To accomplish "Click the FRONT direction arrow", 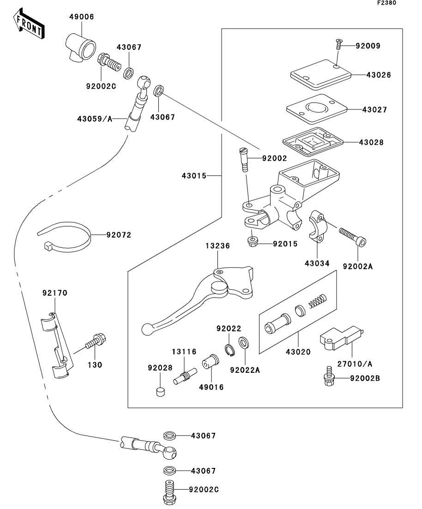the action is (28, 24).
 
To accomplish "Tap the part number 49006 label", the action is (82, 17).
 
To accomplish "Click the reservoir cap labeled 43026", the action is (320, 75).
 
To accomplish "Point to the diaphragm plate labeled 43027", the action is (317, 109).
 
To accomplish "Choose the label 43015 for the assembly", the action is (194, 176).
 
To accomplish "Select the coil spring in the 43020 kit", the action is (317, 300).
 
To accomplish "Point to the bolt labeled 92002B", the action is (328, 376).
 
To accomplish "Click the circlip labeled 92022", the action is (229, 350).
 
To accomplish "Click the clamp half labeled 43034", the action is (318, 226).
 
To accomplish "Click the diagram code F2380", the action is (386, 3).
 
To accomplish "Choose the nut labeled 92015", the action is (252, 241).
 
